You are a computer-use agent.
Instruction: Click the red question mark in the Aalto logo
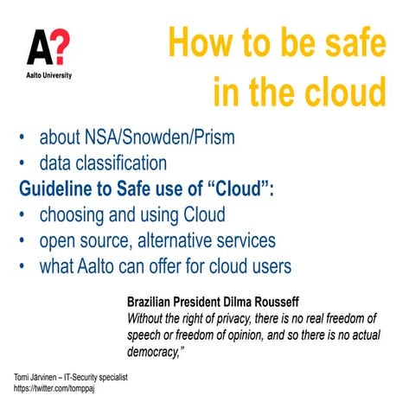click(x=61, y=48)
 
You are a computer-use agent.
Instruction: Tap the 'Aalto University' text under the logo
click(x=48, y=75)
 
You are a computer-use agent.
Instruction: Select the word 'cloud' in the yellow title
click(x=338, y=91)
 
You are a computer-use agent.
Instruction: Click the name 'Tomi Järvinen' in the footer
click(x=34, y=379)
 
